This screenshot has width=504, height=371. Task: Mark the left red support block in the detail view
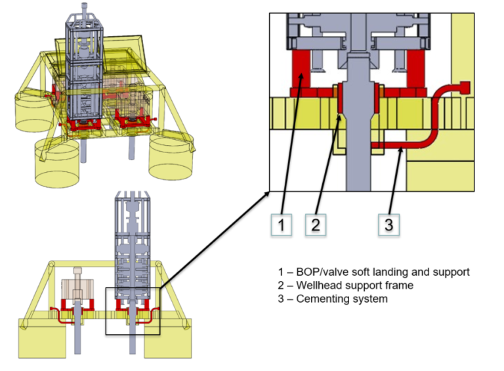tap(301, 73)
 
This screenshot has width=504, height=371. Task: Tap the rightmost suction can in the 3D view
tap(173, 158)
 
